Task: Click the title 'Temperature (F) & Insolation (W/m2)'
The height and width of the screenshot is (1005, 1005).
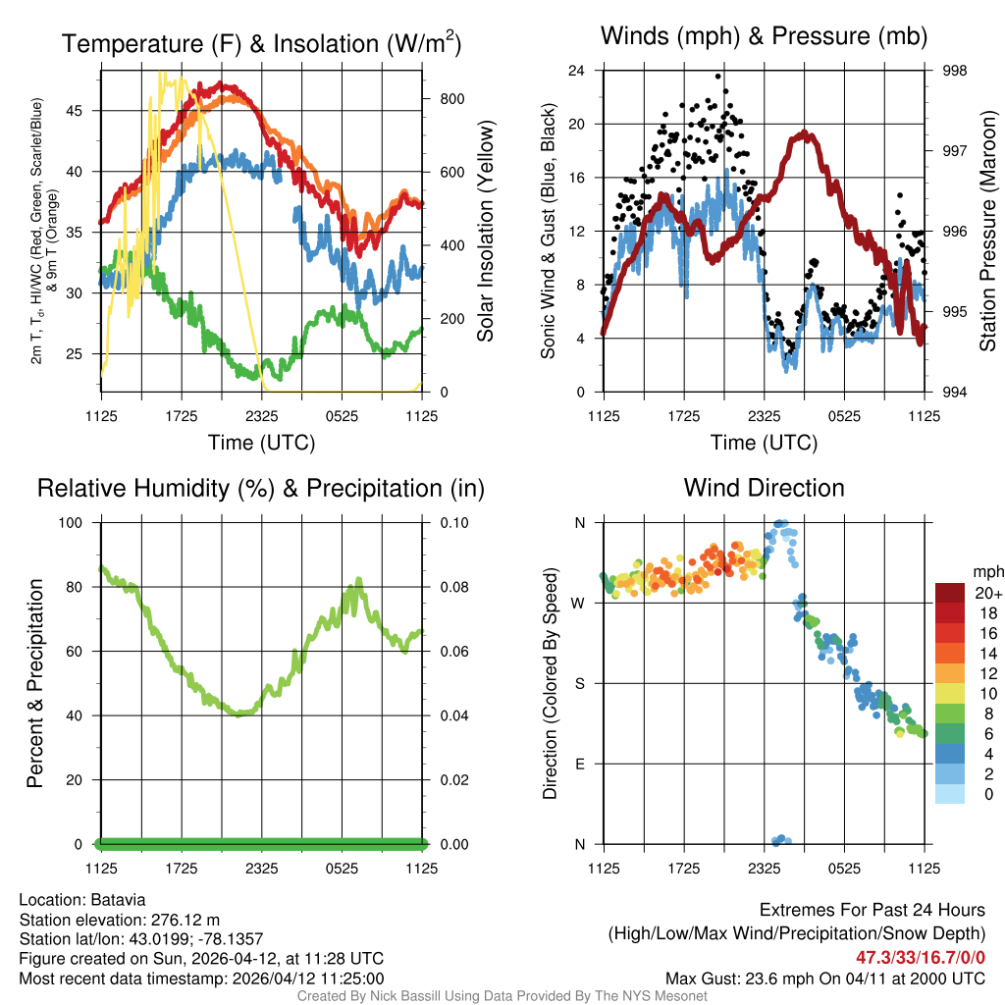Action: (262, 43)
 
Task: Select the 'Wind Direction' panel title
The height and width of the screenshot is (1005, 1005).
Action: (764, 487)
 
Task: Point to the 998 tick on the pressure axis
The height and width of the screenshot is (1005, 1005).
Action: (954, 71)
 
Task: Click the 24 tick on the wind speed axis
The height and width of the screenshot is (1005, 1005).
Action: (577, 71)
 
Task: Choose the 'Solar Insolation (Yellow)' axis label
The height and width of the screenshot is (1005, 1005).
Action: (485, 232)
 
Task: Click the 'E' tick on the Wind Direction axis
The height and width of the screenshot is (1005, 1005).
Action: (579, 764)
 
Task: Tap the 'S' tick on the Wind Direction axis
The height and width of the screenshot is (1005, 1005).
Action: (579, 683)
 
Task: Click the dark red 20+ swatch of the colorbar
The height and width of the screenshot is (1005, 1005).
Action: (949, 592)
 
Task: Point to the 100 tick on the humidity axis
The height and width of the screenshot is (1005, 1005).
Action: (78, 522)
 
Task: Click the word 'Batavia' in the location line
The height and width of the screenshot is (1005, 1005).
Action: (120, 899)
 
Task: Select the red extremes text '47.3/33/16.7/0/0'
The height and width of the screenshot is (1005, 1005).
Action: (921, 957)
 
